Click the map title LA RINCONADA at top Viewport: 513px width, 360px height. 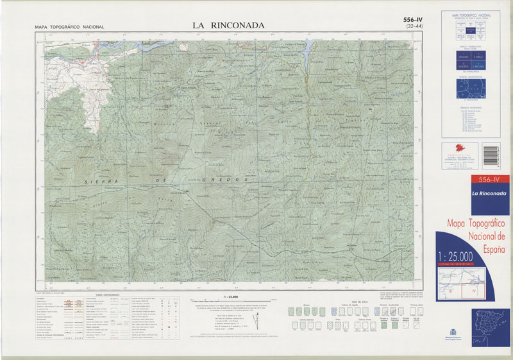(x=228, y=26)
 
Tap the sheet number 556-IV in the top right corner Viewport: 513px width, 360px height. (x=410, y=19)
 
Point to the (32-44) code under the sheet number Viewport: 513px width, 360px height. (x=410, y=27)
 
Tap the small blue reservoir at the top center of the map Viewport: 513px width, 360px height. (x=305, y=48)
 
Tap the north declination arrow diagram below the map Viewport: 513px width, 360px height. (x=257, y=320)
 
